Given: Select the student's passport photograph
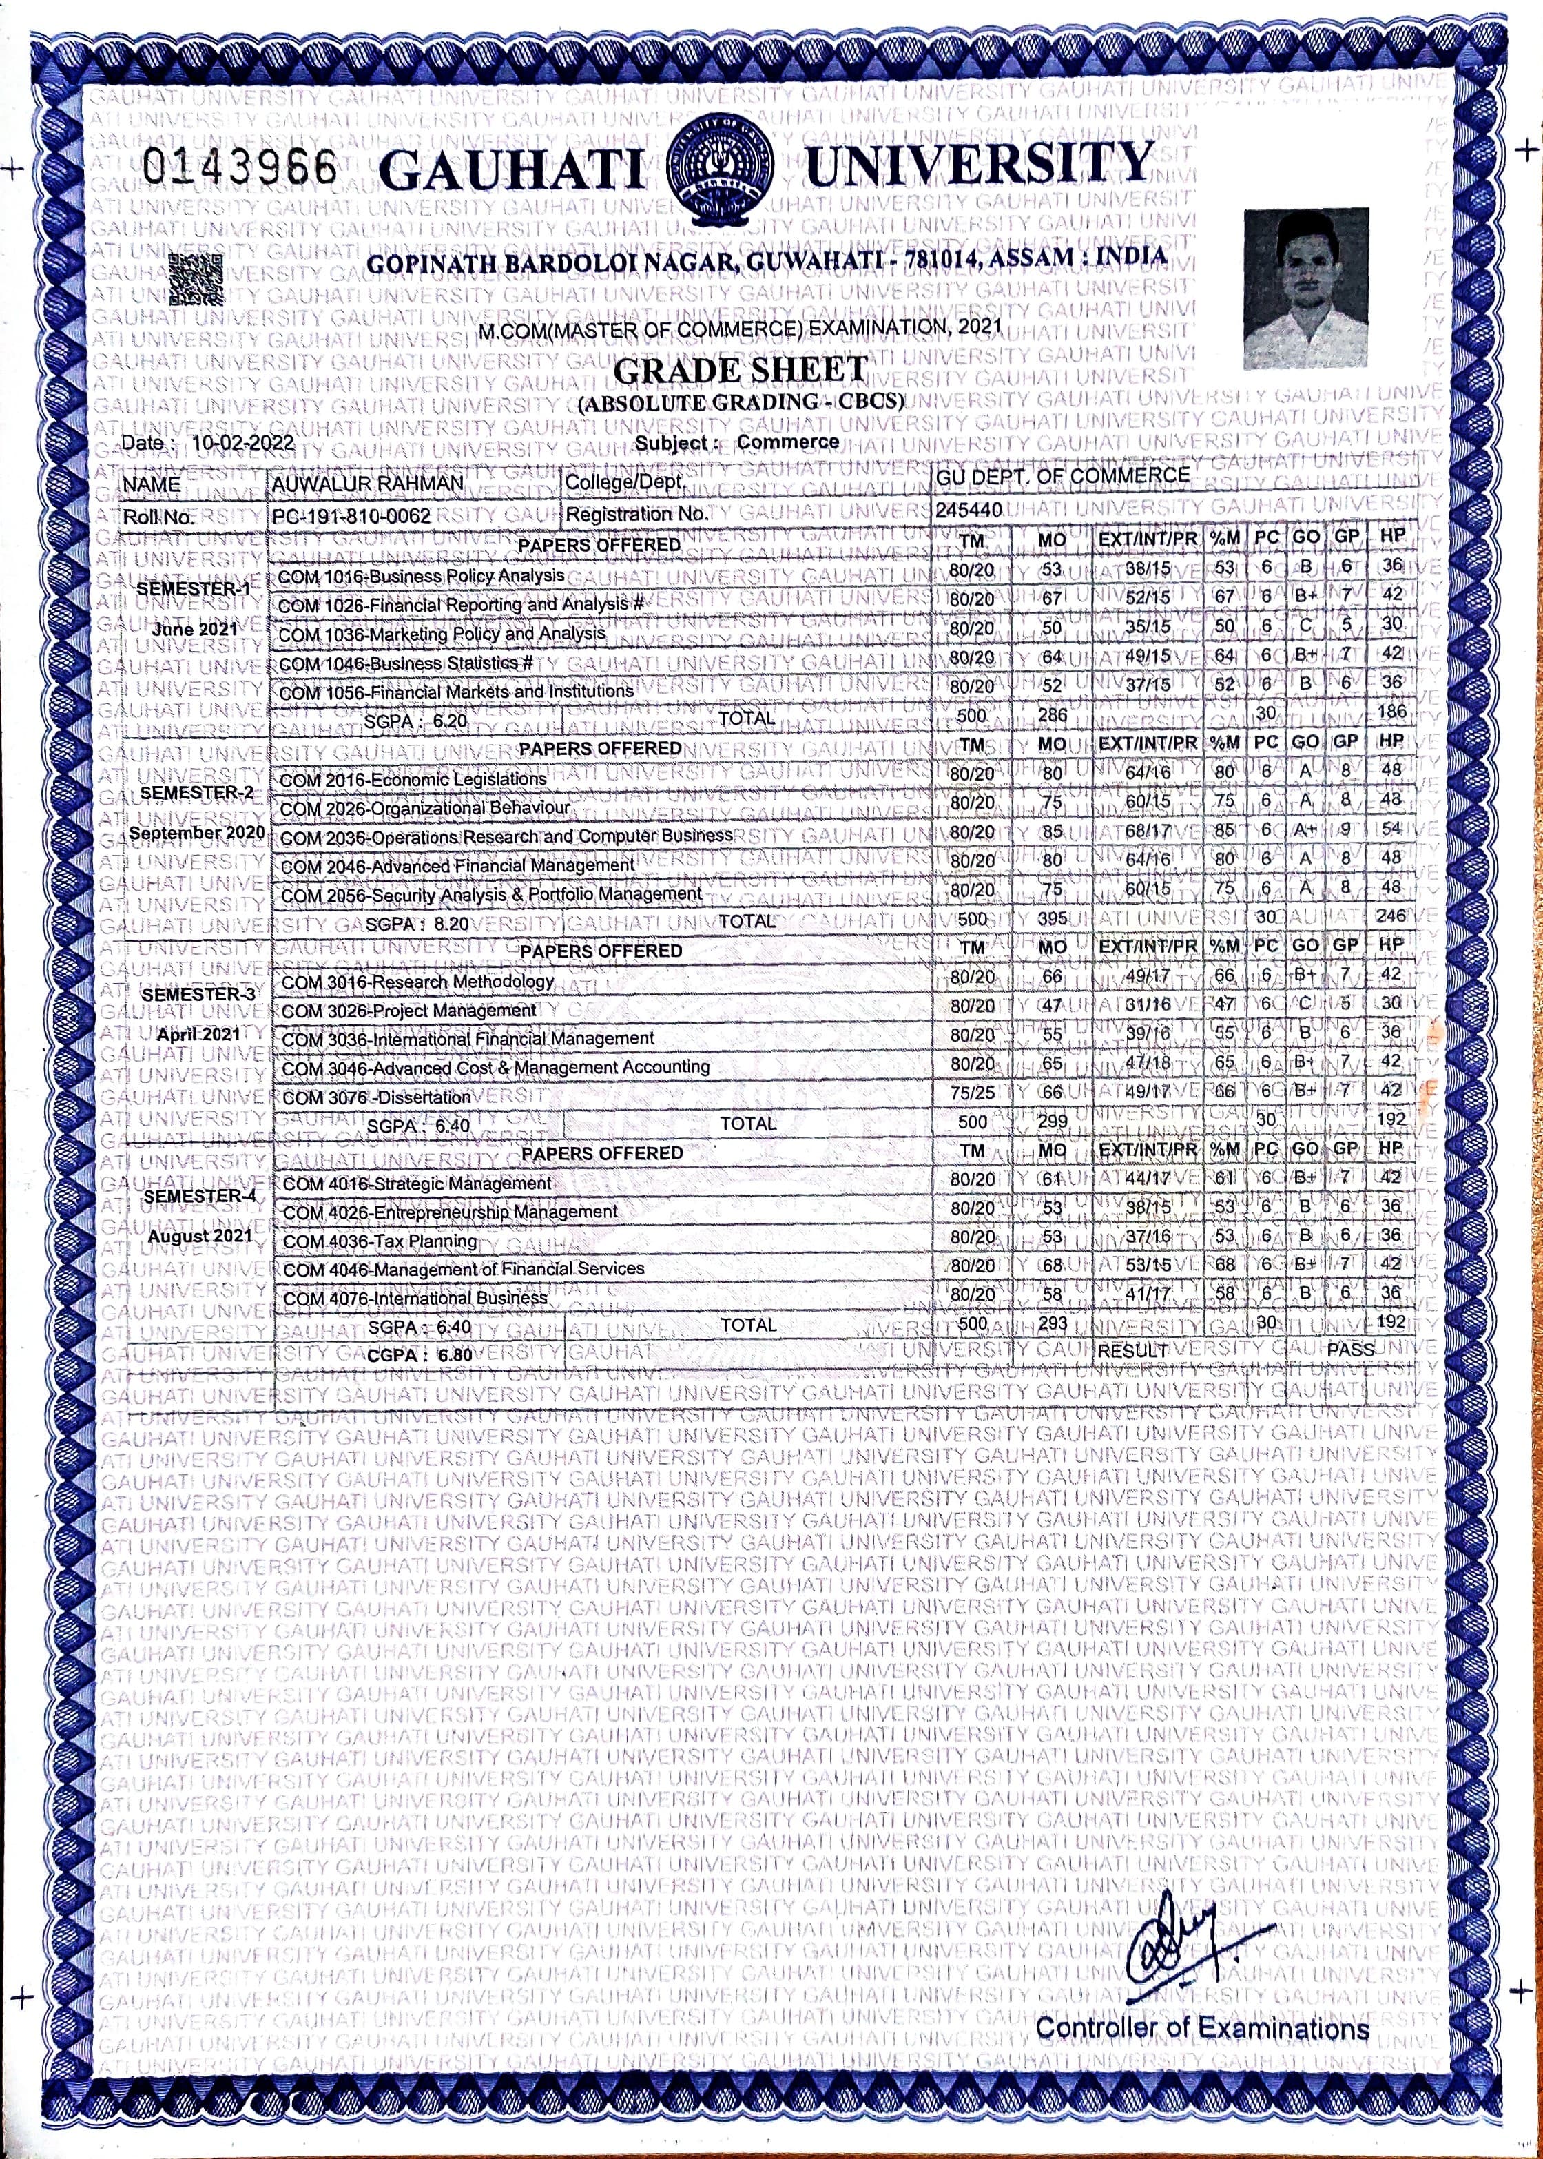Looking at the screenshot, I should [x=1307, y=288].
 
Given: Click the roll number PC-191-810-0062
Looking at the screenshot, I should [x=351, y=516].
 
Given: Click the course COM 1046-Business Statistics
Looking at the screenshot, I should [x=406, y=663].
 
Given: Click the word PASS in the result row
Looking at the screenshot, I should [x=1350, y=1350].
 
